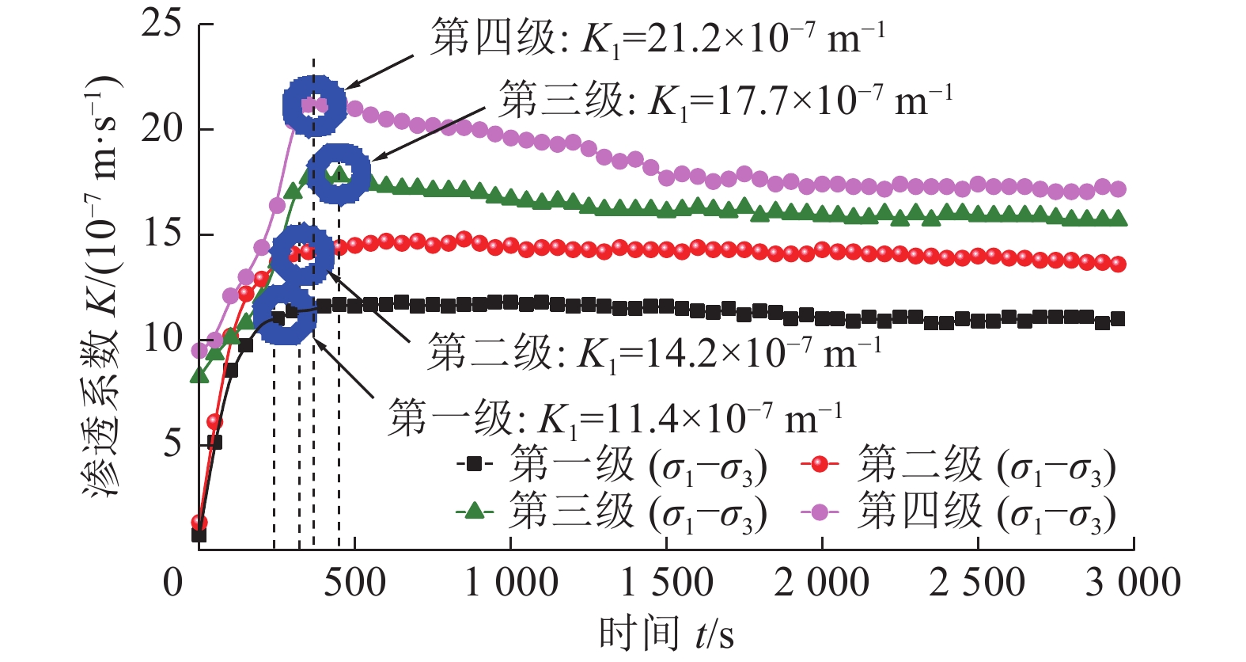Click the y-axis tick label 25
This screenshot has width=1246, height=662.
click(x=161, y=24)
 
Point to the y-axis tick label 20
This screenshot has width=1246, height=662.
click(x=161, y=128)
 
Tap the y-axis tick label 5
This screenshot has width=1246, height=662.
click(x=172, y=443)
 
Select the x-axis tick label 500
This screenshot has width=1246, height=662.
click(x=354, y=584)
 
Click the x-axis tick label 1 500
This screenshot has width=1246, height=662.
click(x=666, y=584)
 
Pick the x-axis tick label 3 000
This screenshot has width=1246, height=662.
click(x=1133, y=584)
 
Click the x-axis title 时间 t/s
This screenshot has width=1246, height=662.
click(x=666, y=634)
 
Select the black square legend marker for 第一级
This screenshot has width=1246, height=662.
click(x=474, y=464)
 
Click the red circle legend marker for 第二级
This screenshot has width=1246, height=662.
click(x=820, y=464)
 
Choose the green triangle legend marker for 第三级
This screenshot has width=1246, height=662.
click(x=474, y=511)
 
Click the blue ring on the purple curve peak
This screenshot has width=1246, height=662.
click(x=314, y=105)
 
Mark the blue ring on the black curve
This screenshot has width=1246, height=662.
click(x=285, y=315)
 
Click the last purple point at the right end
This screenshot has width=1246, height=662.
click(x=1118, y=189)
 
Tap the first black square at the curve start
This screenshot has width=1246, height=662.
click(x=199, y=535)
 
